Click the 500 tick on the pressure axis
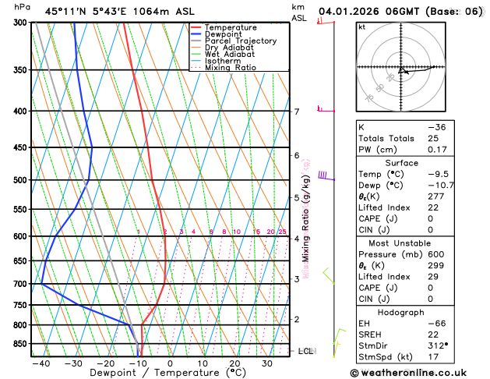click(x=20, y=180)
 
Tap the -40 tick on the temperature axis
click(x=41, y=363)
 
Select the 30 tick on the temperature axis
click(x=266, y=363)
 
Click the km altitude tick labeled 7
click(x=296, y=112)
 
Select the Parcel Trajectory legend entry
click(x=240, y=41)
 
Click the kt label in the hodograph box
click(x=361, y=27)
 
